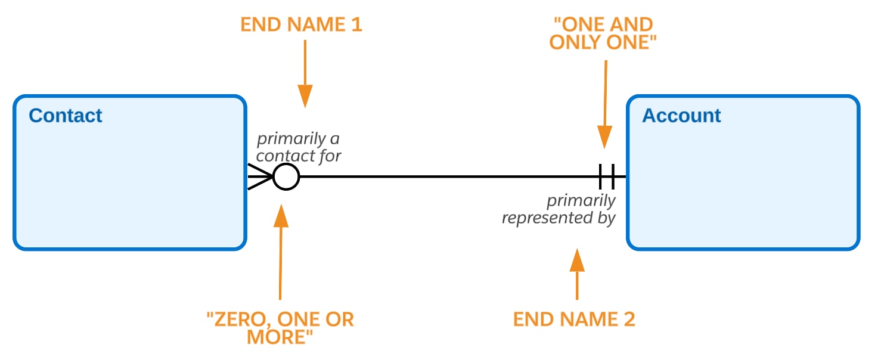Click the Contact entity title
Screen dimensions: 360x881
tap(66, 116)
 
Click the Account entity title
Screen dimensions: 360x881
tap(681, 116)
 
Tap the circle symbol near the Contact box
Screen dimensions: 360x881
tap(286, 177)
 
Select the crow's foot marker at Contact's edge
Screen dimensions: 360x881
tap(259, 177)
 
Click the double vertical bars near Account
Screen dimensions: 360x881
tap(607, 177)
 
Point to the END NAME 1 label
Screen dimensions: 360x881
tap(301, 25)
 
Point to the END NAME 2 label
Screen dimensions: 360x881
tap(574, 319)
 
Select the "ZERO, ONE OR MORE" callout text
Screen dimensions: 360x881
tap(280, 328)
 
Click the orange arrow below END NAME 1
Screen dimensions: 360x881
tap(305, 75)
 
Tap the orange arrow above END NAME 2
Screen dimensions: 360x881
tap(576, 274)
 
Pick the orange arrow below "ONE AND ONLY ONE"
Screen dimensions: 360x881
tap(605, 104)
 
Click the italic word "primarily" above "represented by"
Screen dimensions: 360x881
tap(581, 201)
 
